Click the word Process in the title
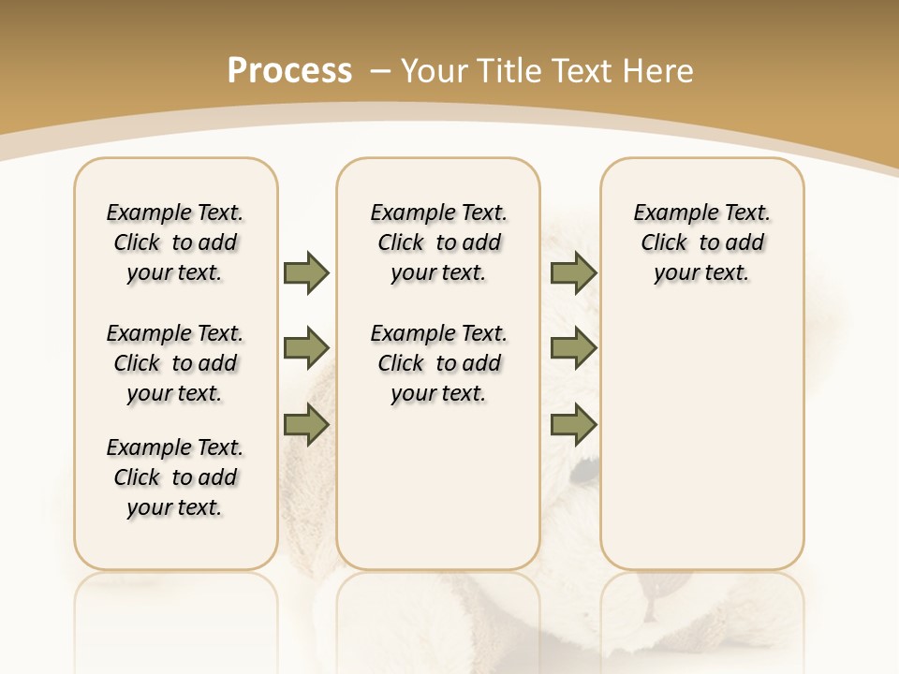click(x=289, y=70)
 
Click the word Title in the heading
click(x=508, y=70)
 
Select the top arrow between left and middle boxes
click(x=306, y=272)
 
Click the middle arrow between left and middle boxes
click(x=306, y=348)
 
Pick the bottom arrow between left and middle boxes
click(x=306, y=424)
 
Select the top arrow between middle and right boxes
click(x=573, y=272)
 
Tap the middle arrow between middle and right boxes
click(x=573, y=348)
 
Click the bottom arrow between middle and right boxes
click(x=573, y=424)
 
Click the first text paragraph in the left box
click(x=175, y=242)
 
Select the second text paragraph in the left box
click(x=175, y=363)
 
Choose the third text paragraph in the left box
click(x=175, y=477)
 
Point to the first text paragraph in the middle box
click(x=439, y=242)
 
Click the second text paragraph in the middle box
click(x=439, y=363)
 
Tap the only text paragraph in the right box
click(x=702, y=242)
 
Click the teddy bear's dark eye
click(x=584, y=464)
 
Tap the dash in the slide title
click(x=380, y=70)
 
